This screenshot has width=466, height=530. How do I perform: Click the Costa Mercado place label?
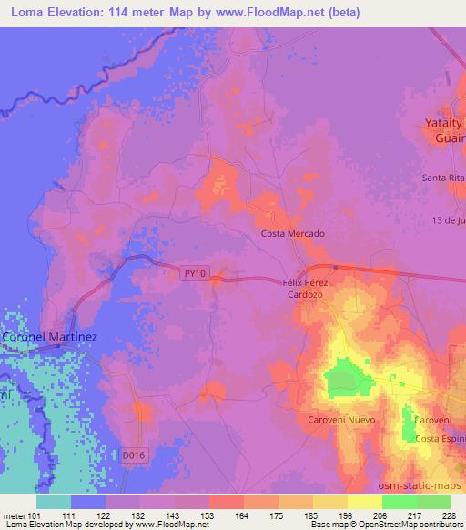click(293, 233)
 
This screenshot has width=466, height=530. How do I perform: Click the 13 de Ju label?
click(448, 220)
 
